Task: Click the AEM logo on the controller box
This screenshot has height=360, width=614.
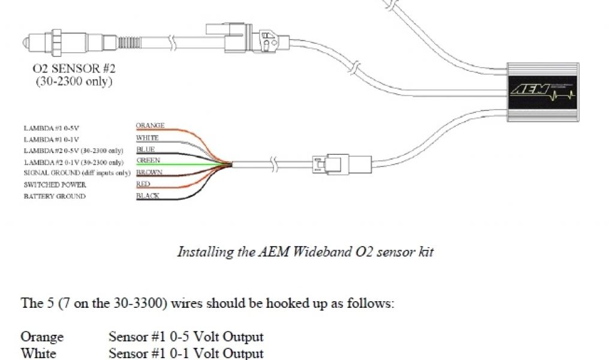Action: tap(525, 90)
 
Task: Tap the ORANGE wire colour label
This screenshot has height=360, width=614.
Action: tap(150, 126)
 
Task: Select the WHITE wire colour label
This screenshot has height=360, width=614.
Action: tap(148, 138)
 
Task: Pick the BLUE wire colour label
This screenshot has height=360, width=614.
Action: tap(146, 149)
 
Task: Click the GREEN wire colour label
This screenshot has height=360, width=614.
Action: tap(148, 161)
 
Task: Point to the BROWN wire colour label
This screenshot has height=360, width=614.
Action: tap(149, 173)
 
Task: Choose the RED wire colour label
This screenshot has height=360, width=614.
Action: tap(143, 184)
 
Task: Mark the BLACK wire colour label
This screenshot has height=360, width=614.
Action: tap(148, 196)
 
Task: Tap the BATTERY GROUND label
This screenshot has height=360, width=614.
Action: tap(55, 197)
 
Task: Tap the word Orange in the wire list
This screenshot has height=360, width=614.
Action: tap(42, 337)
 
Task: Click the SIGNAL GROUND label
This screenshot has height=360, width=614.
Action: tap(77, 173)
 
